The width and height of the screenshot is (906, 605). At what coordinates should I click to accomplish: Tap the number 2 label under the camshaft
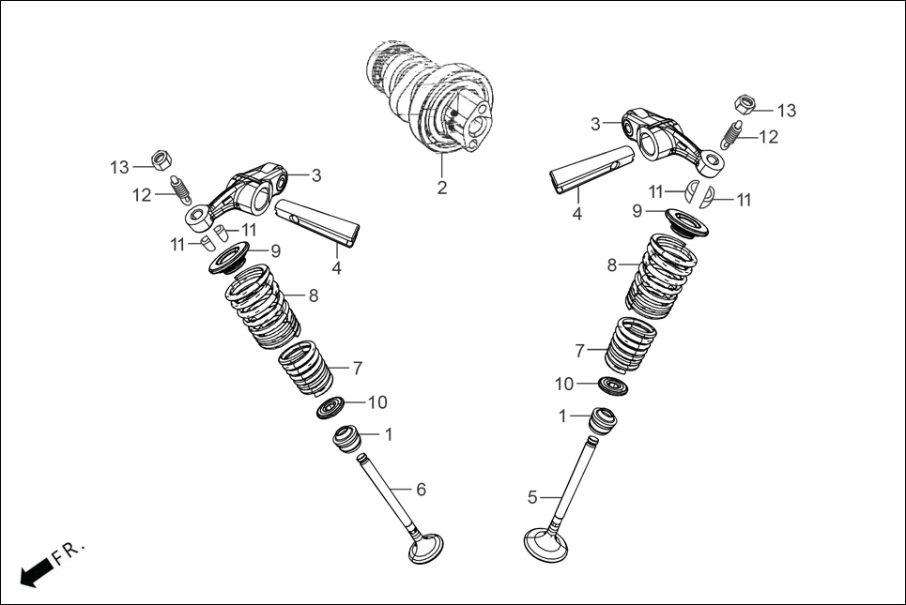(x=442, y=188)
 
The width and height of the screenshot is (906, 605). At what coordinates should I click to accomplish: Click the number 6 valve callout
(x=421, y=490)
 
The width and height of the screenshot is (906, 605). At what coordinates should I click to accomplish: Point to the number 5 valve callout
(x=532, y=496)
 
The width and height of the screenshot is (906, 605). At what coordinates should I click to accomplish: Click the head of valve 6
(x=425, y=548)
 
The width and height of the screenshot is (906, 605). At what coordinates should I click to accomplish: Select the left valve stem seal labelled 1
(x=347, y=437)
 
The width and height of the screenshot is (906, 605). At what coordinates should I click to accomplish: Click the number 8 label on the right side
(x=611, y=265)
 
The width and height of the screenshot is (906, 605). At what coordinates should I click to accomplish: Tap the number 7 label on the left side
(x=357, y=368)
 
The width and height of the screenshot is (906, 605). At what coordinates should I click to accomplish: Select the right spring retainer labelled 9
(x=688, y=223)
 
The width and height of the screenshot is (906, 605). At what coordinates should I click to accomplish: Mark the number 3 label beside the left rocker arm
(x=316, y=175)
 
